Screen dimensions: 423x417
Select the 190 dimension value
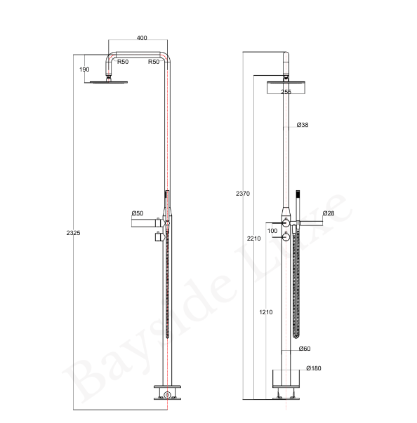pos(85,69)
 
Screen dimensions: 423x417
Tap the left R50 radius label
pos(123,62)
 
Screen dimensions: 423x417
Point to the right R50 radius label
pos(153,62)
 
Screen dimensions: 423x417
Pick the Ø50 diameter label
pos(138,213)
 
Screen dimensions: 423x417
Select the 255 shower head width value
pos(286,91)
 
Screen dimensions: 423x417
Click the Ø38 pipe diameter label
pos(303,125)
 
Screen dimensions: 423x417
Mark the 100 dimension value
pos(272,230)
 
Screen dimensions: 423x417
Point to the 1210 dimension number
pos(265,312)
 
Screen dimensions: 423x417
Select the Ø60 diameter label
pos(304,349)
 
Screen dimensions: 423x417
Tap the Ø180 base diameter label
pos(313,368)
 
